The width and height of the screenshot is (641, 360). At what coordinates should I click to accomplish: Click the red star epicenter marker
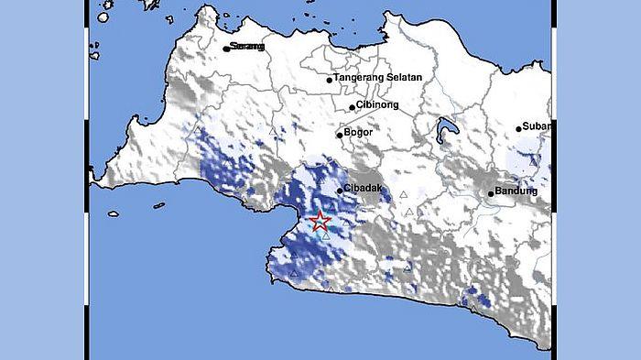[x=320, y=221]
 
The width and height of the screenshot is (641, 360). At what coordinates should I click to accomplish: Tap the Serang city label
[x=248, y=47]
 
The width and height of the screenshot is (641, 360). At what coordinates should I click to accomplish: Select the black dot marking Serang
[x=226, y=48]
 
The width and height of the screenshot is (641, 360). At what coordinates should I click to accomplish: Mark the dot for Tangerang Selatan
[x=330, y=80]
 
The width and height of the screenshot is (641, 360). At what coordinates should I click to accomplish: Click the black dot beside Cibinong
[x=353, y=107]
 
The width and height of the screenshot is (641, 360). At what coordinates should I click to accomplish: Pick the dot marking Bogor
[x=340, y=136]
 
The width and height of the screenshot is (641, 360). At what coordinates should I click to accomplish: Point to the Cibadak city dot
[x=340, y=191]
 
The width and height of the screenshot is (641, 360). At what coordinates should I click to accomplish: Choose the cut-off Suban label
[x=536, y=127]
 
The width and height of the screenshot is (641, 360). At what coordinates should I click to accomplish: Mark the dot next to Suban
[x=518, y=128]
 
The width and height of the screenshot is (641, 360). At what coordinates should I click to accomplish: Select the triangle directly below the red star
[x=325, y=236]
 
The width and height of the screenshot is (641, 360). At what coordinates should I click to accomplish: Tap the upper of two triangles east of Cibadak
[x=403, y=194]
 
